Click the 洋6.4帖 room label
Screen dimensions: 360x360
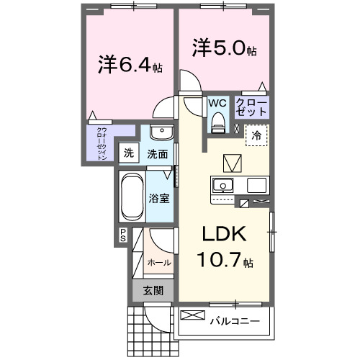pos(130,66)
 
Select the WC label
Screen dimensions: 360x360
pos(218,103)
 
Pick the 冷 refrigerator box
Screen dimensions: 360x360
pos(256,135)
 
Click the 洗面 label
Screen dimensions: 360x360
pos(158,153)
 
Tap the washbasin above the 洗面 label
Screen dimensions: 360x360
pos(162,135)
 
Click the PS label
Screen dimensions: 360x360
pos(122,234)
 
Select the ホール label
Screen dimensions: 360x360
pos(159,263)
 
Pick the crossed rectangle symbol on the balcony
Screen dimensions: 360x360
pos(193,315)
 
